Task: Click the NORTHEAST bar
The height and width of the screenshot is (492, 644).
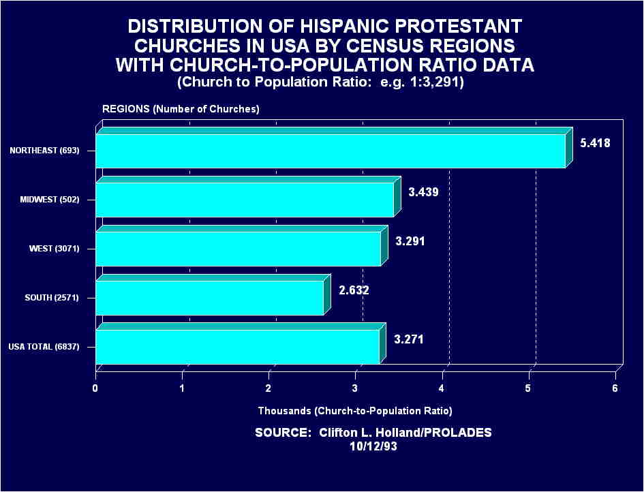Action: coord(331,151)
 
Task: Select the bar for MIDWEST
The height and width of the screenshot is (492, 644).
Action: coord(245,200)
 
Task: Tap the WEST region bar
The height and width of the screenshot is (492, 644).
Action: coord(238,249)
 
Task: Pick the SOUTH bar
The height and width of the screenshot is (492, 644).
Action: coord(209,298)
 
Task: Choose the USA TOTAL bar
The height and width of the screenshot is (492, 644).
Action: coord(237,347)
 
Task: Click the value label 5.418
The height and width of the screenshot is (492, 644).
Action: coord(596,144)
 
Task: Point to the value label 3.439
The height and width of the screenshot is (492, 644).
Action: coord(423,192)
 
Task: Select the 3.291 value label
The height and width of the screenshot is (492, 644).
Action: coord(410,241)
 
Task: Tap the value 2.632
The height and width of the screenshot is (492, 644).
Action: coord(354,290)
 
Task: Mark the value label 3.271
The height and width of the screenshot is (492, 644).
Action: coord(409,339)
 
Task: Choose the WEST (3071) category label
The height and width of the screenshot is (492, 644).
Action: coord(55,249)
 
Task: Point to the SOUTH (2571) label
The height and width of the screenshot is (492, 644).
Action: coord(53,298)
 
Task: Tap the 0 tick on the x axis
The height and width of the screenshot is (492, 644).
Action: coord(95,388)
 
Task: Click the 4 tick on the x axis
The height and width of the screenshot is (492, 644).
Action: coord(442,388)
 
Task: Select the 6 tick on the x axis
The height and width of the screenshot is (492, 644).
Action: coord(615,388)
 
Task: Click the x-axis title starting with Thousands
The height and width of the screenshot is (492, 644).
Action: coord(355,411)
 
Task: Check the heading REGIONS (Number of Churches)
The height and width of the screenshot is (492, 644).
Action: coord(181,109)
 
